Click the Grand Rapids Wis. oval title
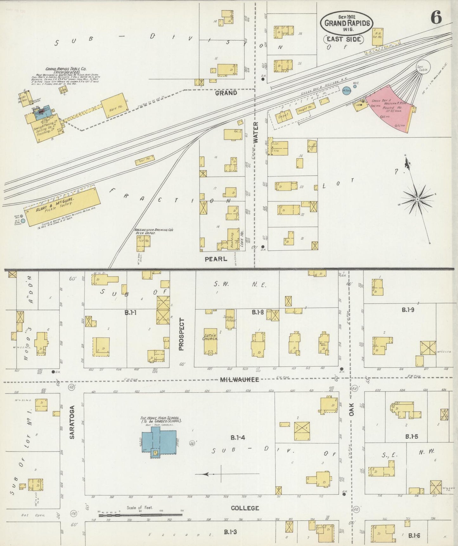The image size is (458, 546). pos(346,23)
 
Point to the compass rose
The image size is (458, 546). pos(417,199)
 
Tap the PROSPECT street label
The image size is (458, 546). pos(181,334)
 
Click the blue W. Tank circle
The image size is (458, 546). pos(346,91)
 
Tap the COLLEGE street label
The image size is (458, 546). pos(245,508)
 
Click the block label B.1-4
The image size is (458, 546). pos(238,438)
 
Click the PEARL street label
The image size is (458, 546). pos(216,259)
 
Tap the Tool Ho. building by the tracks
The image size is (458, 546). pos(145,160)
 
